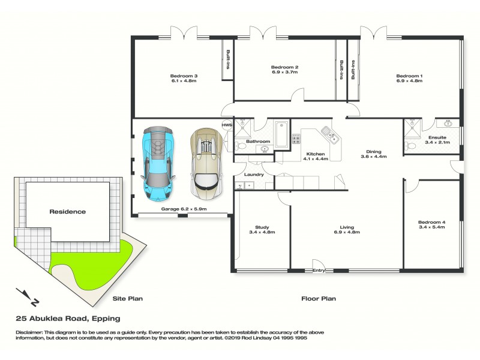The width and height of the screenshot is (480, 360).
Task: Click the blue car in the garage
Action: (x=158, y=163)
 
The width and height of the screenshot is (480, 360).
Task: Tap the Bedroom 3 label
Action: (x=184, y=76)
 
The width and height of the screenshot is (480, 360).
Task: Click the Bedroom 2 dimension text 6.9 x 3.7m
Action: (x=284, y=72)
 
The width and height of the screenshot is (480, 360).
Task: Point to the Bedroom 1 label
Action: (x=409, y=76)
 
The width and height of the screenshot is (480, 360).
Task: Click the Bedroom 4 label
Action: (x=431, y=223)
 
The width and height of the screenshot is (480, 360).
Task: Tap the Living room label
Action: (x=347, y=227)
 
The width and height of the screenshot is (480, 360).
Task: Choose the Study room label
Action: (x=262, y=227)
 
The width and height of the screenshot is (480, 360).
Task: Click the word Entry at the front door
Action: (x=319, y=271)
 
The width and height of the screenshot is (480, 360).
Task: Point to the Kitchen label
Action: (x=316, y=154)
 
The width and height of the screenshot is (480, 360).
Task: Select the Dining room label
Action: (x=373, y=152)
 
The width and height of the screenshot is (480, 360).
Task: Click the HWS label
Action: (x=227, y=125)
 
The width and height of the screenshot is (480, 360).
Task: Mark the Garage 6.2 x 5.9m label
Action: (x=184, y=209)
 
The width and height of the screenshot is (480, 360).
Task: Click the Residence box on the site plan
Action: (x=68, y=211)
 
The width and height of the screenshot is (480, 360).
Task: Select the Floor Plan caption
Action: (x=318, y=298)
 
